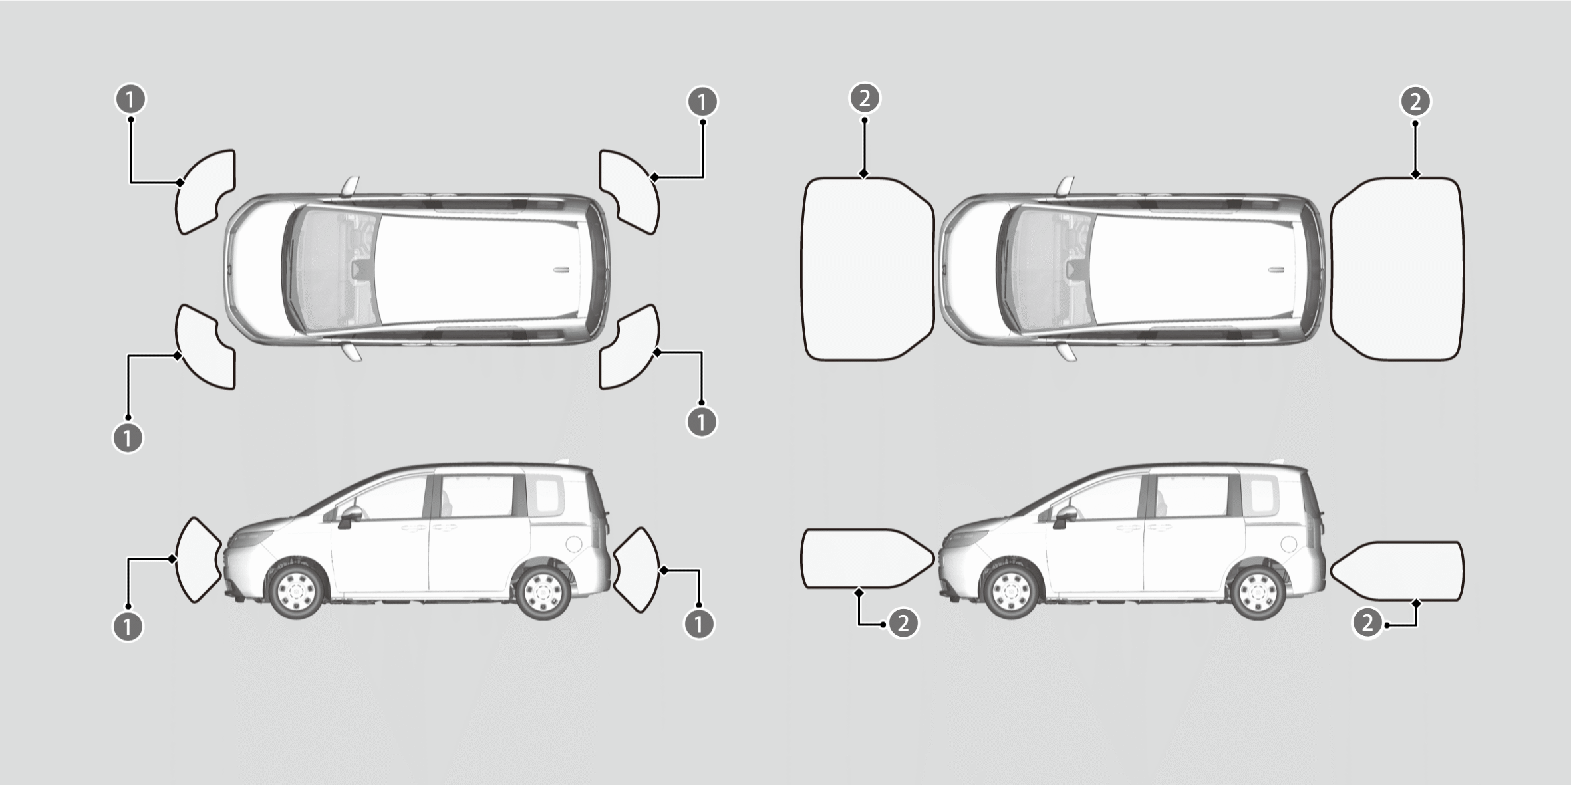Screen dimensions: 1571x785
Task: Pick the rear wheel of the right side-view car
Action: pyautogui.click(x=1259, y=592)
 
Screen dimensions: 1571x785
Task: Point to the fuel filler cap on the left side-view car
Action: pyautogui.click(x=574, y=544)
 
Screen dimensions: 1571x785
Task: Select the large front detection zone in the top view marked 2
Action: pyautogui.click(x=867, y=269)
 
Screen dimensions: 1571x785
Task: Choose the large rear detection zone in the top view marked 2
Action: pyautogui.click(x=1397, y=269)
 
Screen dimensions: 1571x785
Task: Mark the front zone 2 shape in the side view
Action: pyautogui.click(x=868, y=558)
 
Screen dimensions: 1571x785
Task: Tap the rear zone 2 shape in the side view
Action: pyautogui.click(x=1397, y=571)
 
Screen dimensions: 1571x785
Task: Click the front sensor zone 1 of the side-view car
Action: pyautogui.click(x=198, y=560)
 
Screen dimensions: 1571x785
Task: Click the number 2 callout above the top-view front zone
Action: pyautogui.click(x=865, y=98)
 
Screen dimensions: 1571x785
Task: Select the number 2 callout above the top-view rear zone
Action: pyautogui.click(x=1415, y=102)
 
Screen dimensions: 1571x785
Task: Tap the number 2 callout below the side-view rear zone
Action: pyautogui.click(x=1367, y=623)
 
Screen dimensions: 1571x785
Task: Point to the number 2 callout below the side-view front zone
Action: pyautogui.click(x=903, y=623)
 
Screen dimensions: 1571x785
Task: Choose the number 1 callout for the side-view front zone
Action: pyautogui.click(x=128, y=626)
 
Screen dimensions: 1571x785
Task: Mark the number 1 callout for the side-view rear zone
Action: pyautogui.click(x=698, y=624)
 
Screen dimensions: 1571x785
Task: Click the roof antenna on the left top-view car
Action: pyautogui.click(x=561, y=270)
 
